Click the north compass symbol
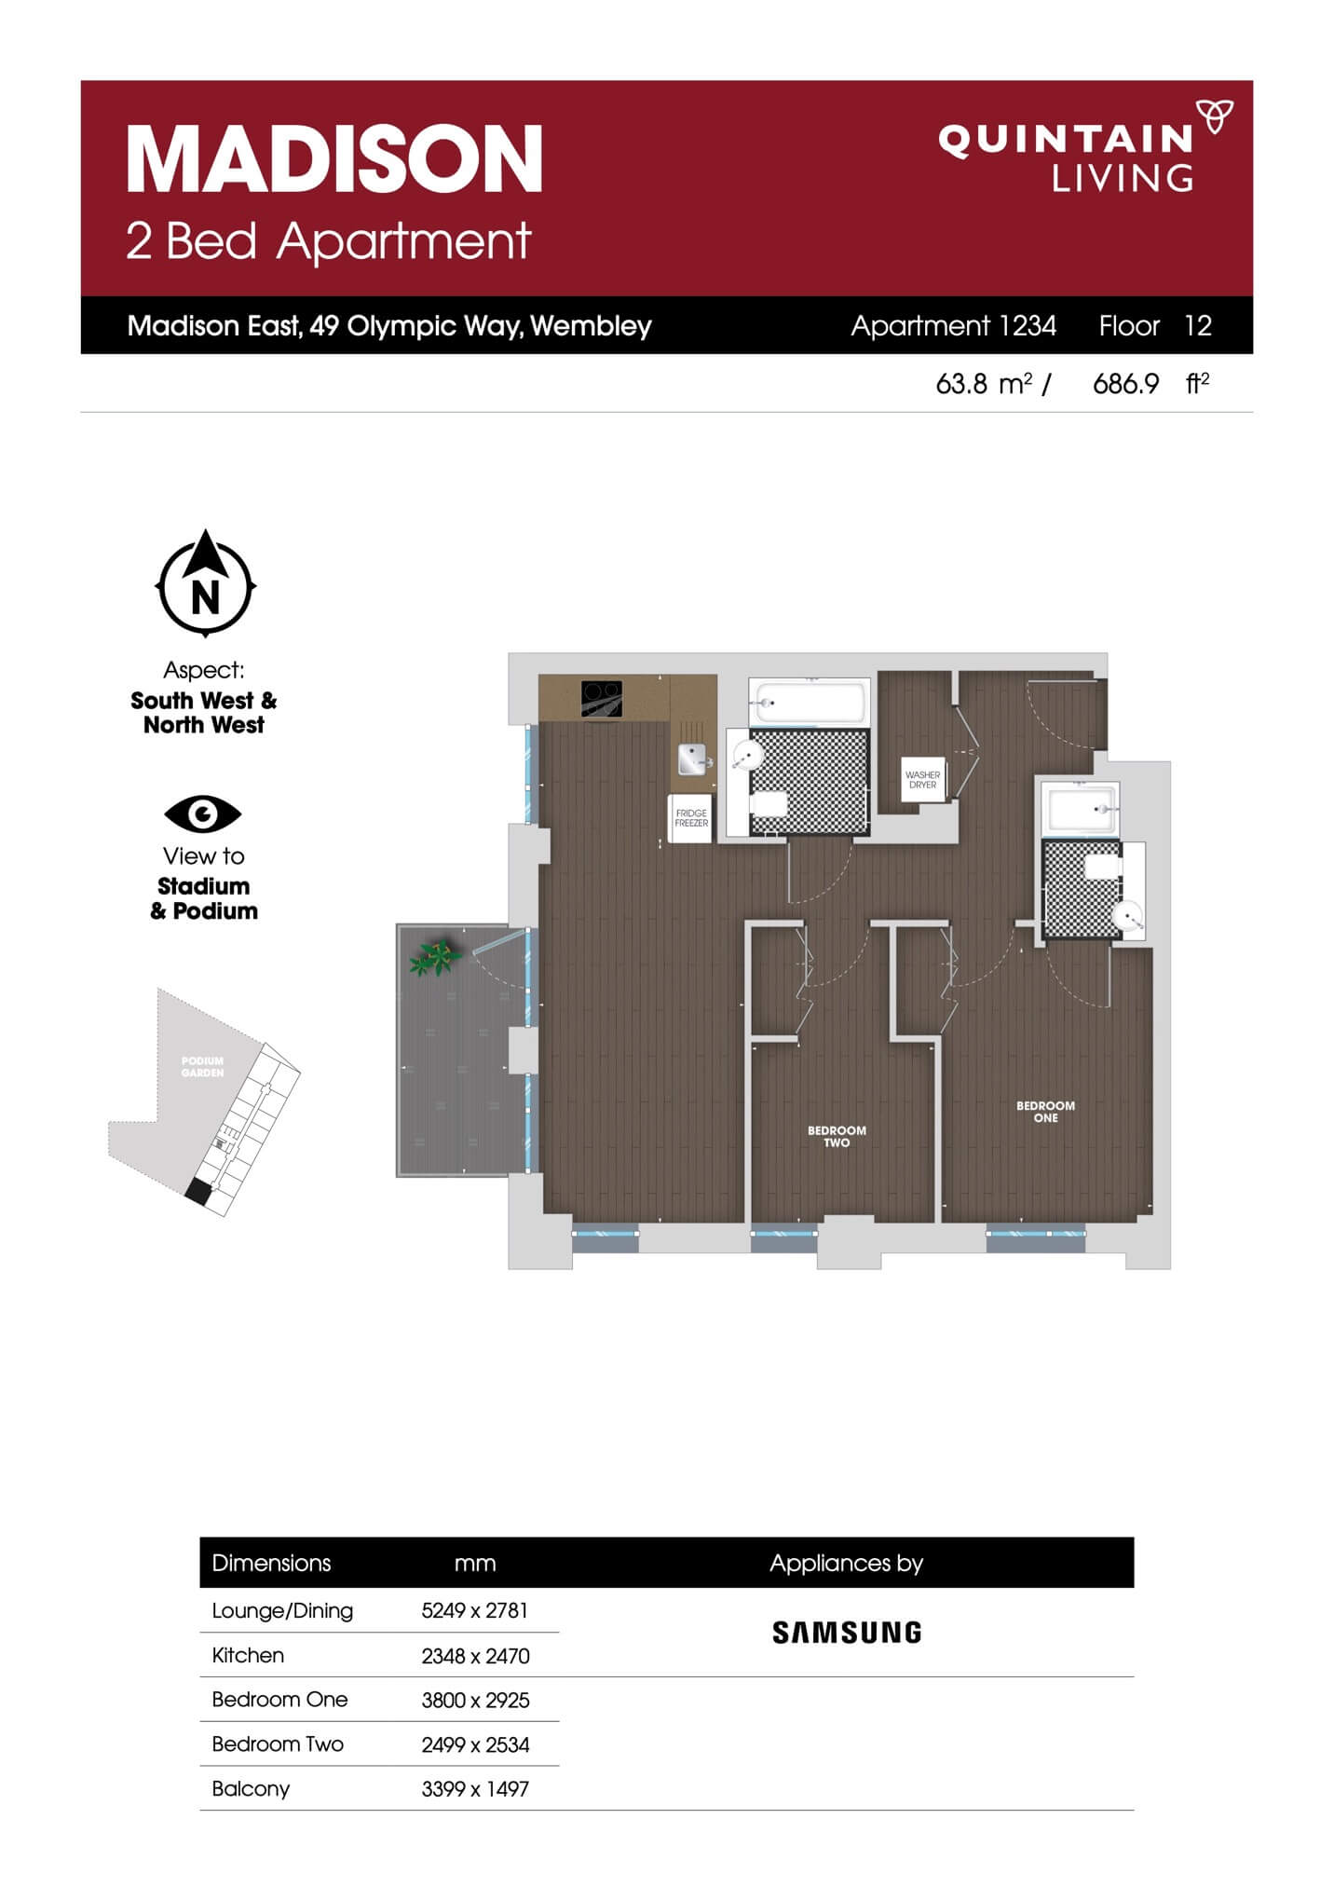coord(205,583)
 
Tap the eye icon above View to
coord(202,814)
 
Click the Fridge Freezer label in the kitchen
coord(691,818)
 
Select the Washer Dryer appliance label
coord(922,780)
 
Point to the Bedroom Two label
coord(837,1136)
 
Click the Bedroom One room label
coord(1045,1112)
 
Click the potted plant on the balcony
coord(435,957)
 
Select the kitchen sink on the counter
coord(691,759)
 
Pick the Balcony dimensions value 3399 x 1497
coord(475,1788)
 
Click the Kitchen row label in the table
coord(248,1655)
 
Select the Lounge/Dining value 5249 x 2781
coord(474,1610)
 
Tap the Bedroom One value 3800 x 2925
coord(475,1700)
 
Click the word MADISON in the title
coord(334,159)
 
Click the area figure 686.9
coord(1125,383)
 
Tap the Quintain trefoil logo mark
coord(1215,116)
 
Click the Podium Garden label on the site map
coord(202,1067)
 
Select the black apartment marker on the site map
coord(197,1191)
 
